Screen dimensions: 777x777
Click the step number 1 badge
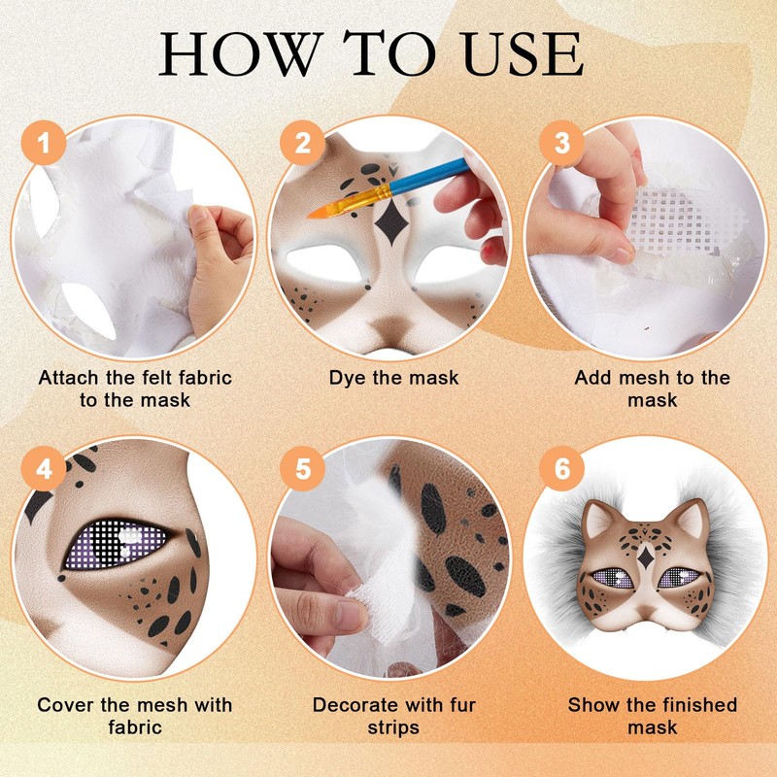pos(44,142)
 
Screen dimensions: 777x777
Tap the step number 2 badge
pos(302,142)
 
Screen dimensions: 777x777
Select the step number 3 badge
pos(562,142)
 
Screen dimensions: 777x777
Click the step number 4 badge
pos(44,468)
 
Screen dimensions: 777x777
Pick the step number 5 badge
pos(302,468)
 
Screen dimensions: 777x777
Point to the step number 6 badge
pos(562,468)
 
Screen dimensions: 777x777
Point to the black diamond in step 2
pos(391,222)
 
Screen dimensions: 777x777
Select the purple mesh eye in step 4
pos(115,544)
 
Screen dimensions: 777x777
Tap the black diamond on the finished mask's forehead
pos(645,557)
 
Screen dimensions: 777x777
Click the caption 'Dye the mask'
pos(394,378)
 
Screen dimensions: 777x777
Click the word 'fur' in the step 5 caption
pos(455,705)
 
